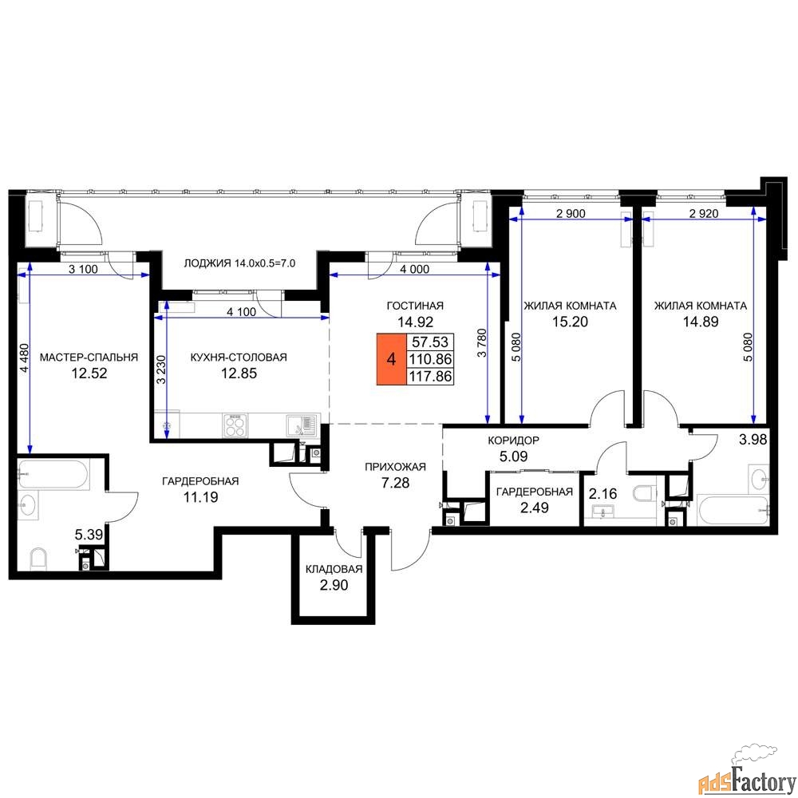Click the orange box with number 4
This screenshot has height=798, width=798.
(x=391, y=359)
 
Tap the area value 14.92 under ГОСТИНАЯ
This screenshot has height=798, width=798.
(x=415, y=322)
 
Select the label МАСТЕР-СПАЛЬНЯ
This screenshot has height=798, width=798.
(x=89, y=358)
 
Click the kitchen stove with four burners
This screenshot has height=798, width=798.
(x=235, y=425)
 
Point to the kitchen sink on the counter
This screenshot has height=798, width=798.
(x=302, y=425)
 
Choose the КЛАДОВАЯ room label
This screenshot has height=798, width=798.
(x=334, y=569)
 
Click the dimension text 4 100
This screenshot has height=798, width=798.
(x=241, y=311)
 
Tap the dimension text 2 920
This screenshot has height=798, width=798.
(x=704, y=213)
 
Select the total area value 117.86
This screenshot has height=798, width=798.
(x=431, y=376)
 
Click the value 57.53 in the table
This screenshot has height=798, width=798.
(x=430, y=342)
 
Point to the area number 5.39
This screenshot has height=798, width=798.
(x=89, y=535)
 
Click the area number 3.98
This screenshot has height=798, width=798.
(x=753, y=439)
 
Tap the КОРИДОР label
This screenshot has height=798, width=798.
(x=513, y=440)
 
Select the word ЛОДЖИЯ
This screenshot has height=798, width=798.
(x=207, y=263)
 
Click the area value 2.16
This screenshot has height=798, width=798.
(x=603, y=493)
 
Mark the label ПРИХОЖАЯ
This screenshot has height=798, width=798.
(x=396, y=467)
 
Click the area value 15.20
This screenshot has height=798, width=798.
(x=570, y=322)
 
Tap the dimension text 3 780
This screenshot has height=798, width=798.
(x=483, y=342)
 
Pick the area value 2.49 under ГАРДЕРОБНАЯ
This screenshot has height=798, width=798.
(x=535, y=508)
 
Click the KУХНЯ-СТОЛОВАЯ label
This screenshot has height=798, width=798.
(x=239, y=358)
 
